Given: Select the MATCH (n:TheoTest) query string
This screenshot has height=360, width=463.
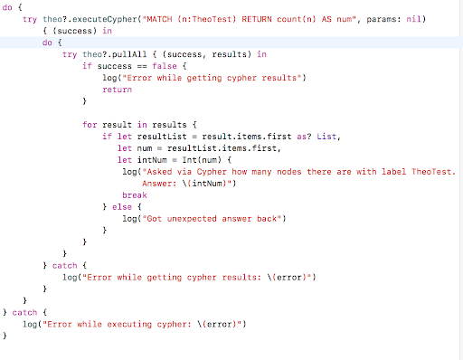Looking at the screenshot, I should coord(231,17).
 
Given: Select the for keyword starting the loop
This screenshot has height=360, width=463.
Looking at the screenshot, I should coord(90,123).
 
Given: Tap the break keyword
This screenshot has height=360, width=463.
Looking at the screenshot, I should coord(134,194).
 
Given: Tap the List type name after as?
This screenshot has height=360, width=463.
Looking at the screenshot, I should coord(302,136).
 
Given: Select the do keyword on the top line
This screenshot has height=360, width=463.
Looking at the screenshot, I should coord(9,6).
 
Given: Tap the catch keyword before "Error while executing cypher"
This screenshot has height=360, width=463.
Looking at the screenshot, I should coord(24,311).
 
